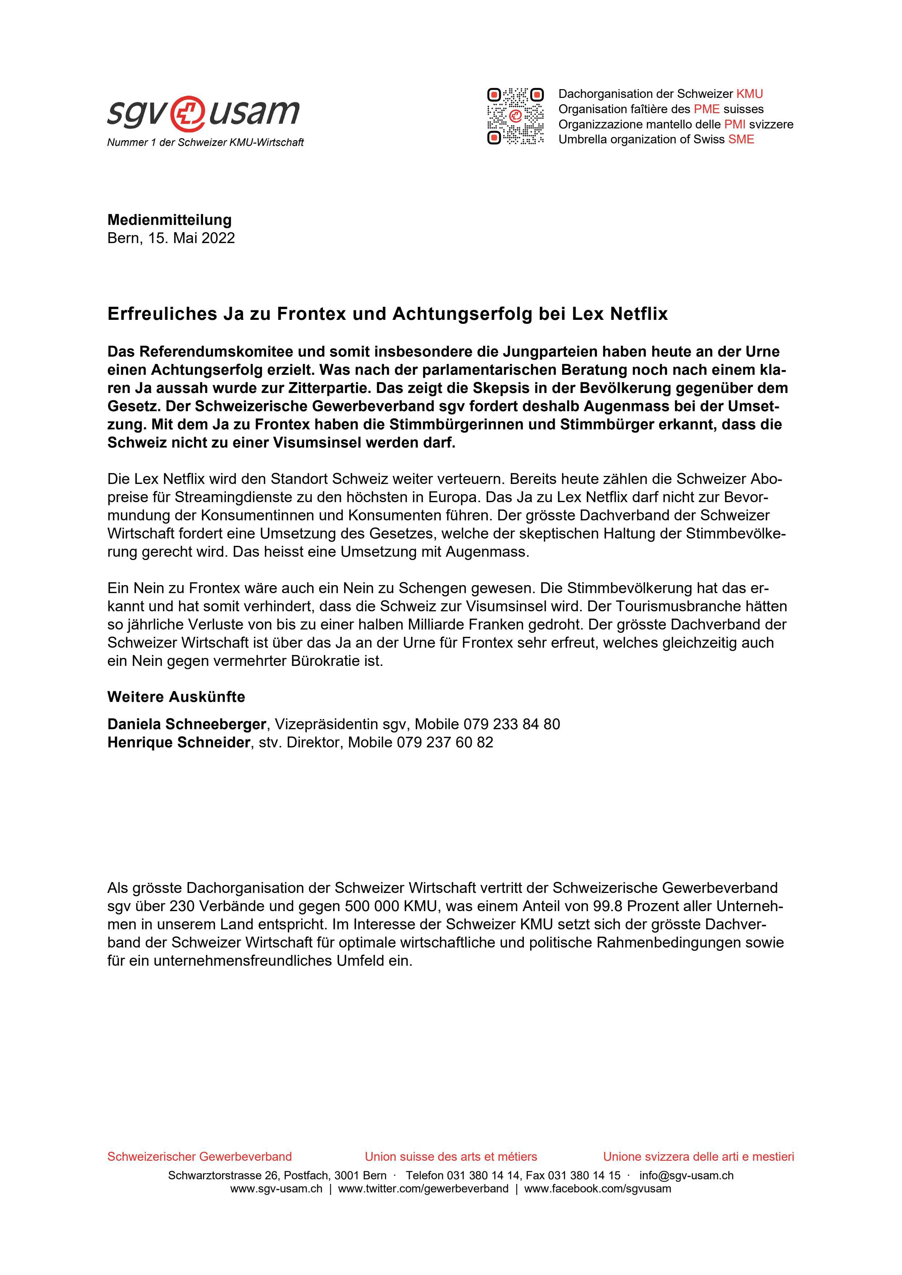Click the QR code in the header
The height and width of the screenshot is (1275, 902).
(x=515, y=116)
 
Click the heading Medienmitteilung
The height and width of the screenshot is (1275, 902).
(x=170, y=220)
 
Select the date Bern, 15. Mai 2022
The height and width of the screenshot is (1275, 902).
(x=171, y=238)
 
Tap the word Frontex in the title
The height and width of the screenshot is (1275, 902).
(x=307, y=314)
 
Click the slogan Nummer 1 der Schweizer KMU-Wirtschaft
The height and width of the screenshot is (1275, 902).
(x=206, y=143)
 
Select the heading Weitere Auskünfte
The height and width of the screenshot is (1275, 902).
(x=176, y=697)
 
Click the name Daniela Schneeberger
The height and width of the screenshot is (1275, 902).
(x=187, y=724)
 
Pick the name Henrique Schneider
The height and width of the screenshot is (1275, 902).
(x=178, y=742)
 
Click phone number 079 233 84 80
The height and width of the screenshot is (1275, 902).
(x=512, y=724)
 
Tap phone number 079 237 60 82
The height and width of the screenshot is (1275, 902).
(x=444, y=742)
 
